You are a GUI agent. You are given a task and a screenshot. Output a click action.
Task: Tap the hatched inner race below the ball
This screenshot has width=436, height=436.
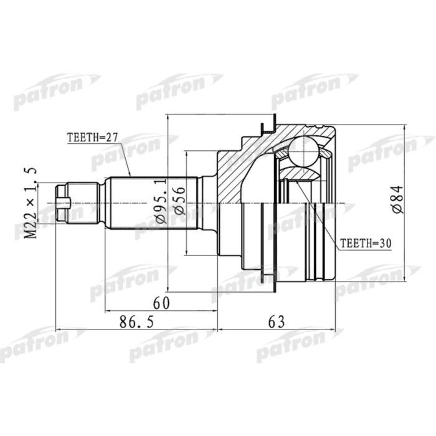295,172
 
